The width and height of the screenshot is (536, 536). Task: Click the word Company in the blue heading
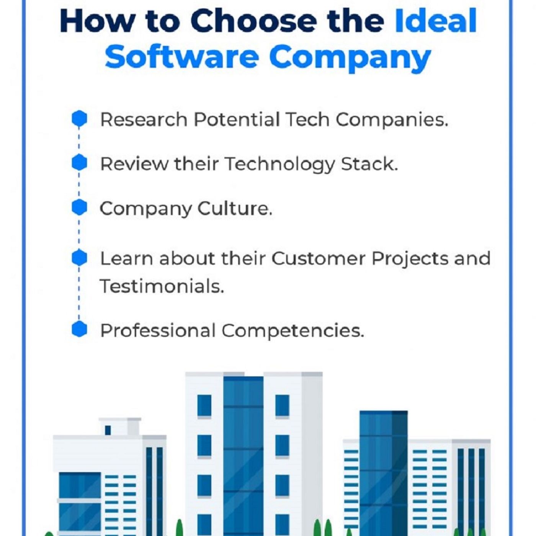click(x=350, y=59)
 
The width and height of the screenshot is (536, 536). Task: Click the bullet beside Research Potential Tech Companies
click(x=79, y=119)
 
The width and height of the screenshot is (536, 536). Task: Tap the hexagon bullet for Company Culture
click(x=79, y=207)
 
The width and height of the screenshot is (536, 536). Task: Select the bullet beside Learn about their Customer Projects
click(x=79, y=257)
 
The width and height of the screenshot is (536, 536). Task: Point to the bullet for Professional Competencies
click(x=79, y=329)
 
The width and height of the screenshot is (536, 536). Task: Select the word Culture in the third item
click(x=234, y=208)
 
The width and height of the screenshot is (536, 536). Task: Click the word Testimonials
click(x=162, y=286)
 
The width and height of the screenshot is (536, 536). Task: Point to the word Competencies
click(x=293, y=332)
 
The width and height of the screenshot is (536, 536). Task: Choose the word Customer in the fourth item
click(x=318, y=258)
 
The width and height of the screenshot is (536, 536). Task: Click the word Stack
click(x=369, y=164)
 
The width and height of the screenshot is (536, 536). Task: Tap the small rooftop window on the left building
click(x=108, y=430)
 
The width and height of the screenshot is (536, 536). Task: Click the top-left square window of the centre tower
click(x=204, y=406)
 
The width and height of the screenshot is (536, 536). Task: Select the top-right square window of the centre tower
click(x=282, y=406)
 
